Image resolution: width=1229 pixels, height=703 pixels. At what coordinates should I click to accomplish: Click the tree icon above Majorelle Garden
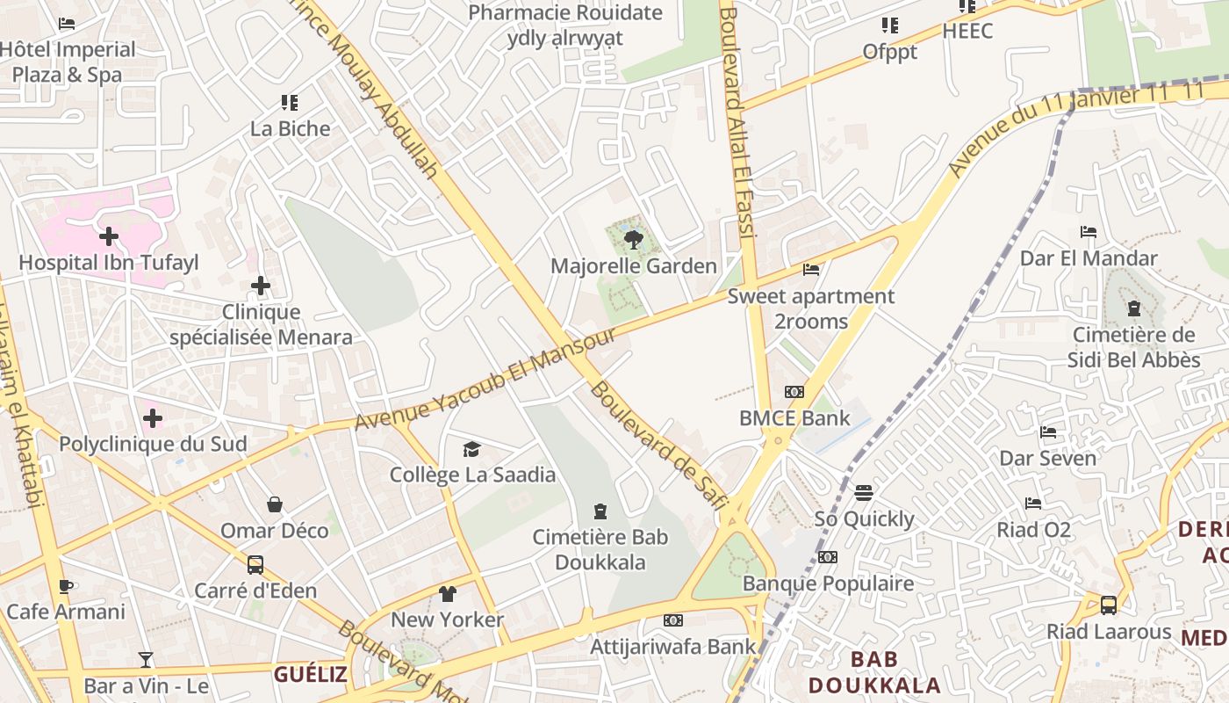point(631,239)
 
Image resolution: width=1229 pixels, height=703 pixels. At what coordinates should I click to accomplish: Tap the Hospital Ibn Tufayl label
point(109,262)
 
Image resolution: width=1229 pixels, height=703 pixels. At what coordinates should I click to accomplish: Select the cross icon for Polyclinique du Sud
point(153,417)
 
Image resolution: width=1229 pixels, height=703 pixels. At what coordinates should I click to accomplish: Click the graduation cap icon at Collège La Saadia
point(472,449)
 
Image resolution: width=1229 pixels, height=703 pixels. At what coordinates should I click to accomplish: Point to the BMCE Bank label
point(794,417)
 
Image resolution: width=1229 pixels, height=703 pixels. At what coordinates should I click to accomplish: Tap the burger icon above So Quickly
point(864,492)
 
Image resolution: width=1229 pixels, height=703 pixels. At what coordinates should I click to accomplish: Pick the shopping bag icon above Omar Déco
point(275,504)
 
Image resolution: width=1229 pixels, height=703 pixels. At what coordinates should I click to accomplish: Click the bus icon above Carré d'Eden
point(255,564)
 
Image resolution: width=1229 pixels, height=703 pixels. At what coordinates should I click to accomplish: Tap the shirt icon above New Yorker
point(448,593)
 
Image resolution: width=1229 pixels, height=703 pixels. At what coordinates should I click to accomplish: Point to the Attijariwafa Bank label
point(672,646)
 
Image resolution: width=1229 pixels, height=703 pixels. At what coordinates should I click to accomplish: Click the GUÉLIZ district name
point(311,674)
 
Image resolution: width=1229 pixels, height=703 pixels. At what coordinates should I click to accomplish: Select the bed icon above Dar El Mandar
point(1089,232)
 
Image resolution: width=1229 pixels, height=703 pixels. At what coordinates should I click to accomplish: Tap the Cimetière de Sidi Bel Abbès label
point(1133,347)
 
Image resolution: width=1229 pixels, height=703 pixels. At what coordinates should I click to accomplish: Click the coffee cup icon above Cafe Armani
point(65,586)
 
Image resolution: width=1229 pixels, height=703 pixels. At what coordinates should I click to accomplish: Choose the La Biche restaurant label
point(290,128)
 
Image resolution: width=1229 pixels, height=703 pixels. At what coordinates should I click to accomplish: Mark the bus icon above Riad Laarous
point(1109,605)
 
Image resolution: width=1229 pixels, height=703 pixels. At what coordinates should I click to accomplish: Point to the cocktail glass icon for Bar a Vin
point(146,660)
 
